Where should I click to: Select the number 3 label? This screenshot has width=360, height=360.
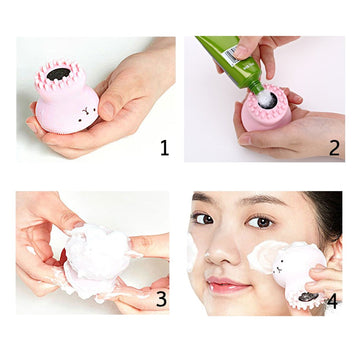pos(162,299)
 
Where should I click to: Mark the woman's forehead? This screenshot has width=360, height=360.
pos(235,198)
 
